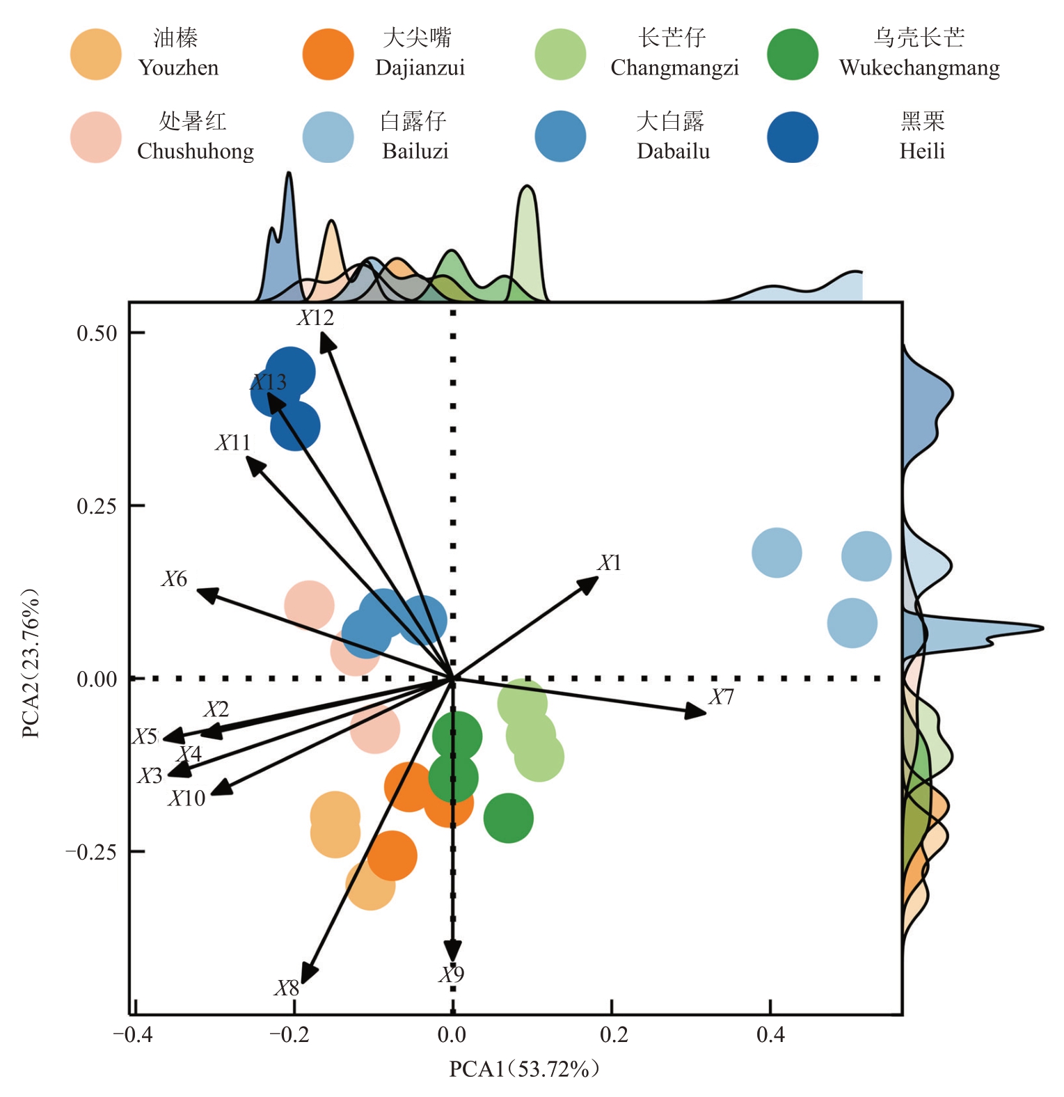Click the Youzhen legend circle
point(96,54)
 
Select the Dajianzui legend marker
point(328,54)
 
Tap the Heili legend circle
point(793,137)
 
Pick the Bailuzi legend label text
point(415,151)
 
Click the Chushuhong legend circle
point(96,137)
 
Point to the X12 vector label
point(316,318)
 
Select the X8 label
point(286,988)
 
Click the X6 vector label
point(174,579)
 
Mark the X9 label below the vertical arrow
point(451,975)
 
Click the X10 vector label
point(186,798)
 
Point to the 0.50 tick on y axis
point(97,333)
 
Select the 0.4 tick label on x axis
point(770,1036)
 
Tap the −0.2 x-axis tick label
point(289,1036)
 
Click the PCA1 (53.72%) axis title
point(523,1069)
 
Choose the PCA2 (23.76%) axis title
point(31,664)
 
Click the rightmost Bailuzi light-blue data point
point(866,556)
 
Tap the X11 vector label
point(232,443)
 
